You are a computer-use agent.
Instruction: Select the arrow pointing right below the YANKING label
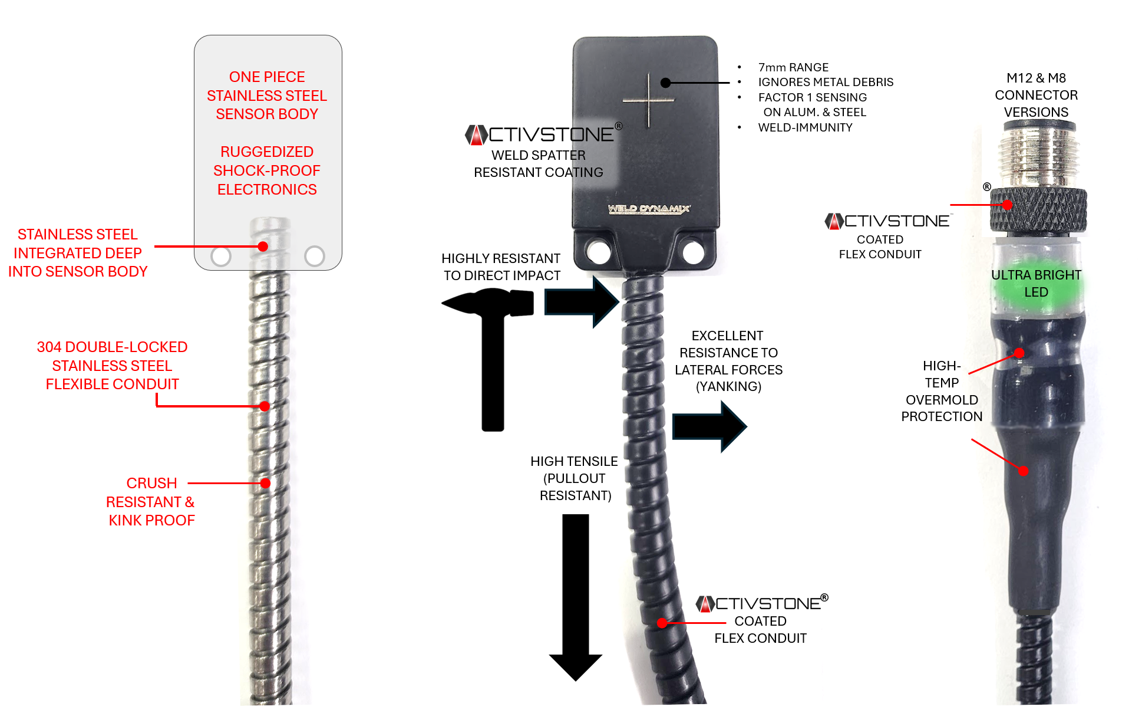tap(709, 426)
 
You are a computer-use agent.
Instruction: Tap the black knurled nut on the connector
tap(1038, 210)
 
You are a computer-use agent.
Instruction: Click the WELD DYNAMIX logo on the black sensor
tap(649, 209)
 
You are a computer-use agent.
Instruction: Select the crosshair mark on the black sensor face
tap(649, 101)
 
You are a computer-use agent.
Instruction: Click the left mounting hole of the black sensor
tap(599, 252)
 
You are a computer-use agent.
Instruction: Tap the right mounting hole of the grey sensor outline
tap(315, 256)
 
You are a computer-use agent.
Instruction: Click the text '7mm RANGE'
tap(793, 67)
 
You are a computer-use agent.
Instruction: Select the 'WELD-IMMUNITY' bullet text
tap(805, 127)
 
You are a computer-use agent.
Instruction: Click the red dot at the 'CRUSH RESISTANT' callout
tap(266, 484)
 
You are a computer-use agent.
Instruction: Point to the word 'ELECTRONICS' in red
tap(267, 189)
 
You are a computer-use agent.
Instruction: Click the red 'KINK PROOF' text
tap(151, 520)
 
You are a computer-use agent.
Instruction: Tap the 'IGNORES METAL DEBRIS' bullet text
tap(826, 82)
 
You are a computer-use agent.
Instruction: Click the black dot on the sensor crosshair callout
tap(666, 83)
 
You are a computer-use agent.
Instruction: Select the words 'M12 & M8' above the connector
tap(1036, 78)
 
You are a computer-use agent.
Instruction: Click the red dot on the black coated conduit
tap(662, 623)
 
